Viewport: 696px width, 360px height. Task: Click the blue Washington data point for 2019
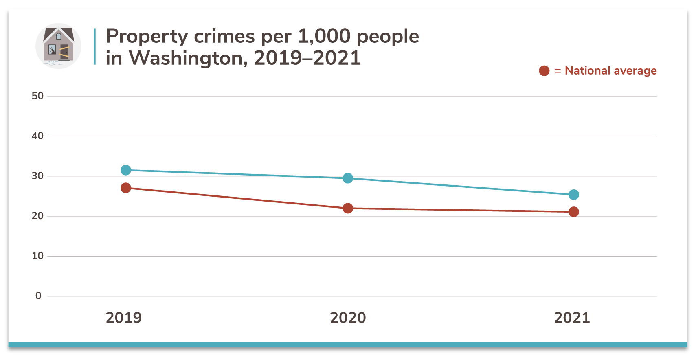coord(126,170)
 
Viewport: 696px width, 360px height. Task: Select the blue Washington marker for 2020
coord(348,178)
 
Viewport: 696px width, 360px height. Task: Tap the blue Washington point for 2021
coord(573,195)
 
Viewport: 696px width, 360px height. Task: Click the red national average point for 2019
coord(126,188)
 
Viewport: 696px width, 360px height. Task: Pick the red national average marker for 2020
coord(348,208)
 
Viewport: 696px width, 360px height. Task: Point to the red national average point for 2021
coord(573,212)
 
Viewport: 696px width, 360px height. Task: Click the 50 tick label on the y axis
coord(37,96)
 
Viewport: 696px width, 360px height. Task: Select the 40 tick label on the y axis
coord(37,136)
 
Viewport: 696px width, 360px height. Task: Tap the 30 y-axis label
coord(37,176)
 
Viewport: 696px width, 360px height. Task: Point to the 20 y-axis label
coord(37,216)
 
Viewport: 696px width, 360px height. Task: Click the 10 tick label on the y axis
coord(37,256)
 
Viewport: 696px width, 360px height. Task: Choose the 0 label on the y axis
coord(38,296)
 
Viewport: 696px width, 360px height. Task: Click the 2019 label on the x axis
coord(124,318)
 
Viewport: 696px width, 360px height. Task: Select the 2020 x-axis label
coord(348,318)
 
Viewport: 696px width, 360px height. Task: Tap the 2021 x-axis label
coord(572,318)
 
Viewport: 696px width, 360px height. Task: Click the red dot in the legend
coord(544,71)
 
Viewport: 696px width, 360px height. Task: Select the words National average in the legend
coord(610,71)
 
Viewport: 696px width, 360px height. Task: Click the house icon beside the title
coord(58,46)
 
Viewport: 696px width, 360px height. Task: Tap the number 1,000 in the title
coord(324,36)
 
